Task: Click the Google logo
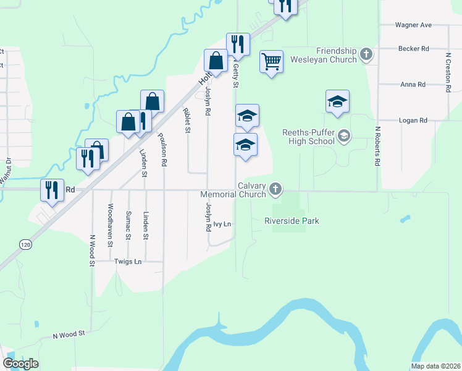pyautogui.click(x=20, y=364)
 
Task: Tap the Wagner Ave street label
pyautogui.click(x=413, y=25)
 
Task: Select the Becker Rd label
pyautogui.click(x=413, y=48)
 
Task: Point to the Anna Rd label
pyautogui.click(x=413, y=84)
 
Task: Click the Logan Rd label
pyautogui.click(x=413, y=120)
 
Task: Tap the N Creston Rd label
pyautogui.click(x=448, y=72)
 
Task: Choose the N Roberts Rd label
pyautogui.click(x=376, y=147)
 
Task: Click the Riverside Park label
pyautogui.click(x=292, y=221)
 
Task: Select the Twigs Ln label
pyautogui.click(x=128, y=262)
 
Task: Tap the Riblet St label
pyautogui.click(x=186, y=120)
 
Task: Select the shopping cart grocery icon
pyautogui.click(x=272, y=62)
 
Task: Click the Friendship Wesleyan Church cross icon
pyautogui.click(x=366, y=54)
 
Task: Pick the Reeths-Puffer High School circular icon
pyautogui.click(x=344, y=136)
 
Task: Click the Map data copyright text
pyautogui.click(x=435, y=366)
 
